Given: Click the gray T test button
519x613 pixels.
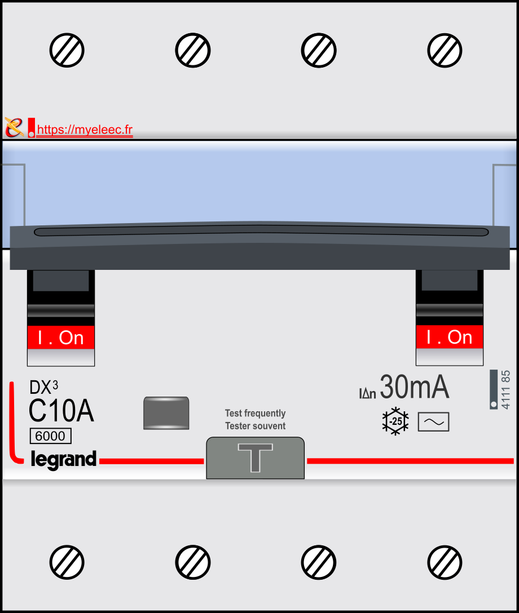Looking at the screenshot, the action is tap(255, 458).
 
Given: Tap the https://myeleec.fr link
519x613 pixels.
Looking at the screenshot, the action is tap(85, 130).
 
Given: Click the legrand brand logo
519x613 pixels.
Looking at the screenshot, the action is tap(63, 459).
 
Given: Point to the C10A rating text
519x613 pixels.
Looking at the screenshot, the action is tap(61, 411).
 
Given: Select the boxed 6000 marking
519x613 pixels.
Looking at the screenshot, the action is tap(51, 436).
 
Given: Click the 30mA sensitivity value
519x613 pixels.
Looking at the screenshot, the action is tap(415, 387).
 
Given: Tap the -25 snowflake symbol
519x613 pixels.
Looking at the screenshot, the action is tap(395, 421).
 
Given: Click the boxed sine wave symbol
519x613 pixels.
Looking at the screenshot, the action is tap(433, 422).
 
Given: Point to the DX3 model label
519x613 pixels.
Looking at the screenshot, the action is tap(44, 387).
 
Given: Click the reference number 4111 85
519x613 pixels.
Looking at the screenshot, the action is tap(505, 390).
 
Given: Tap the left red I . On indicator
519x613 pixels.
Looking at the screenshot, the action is tap(61, 337).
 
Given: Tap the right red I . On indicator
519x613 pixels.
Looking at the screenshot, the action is tap(450, 337).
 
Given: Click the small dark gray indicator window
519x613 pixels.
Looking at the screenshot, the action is tap(166, 413).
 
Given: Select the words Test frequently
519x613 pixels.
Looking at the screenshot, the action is tap(255, 413).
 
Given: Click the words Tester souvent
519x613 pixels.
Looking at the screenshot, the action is tap(255, 426).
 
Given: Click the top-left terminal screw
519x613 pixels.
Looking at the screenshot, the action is tap(67, 51).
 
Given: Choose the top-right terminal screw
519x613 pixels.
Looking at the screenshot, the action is tap(445, 51).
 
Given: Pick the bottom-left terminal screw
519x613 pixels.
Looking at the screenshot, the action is tap(67, 562).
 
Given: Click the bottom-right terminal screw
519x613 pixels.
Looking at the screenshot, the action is tap(445, 562).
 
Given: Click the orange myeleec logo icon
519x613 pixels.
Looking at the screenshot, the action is tap(14, 127).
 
